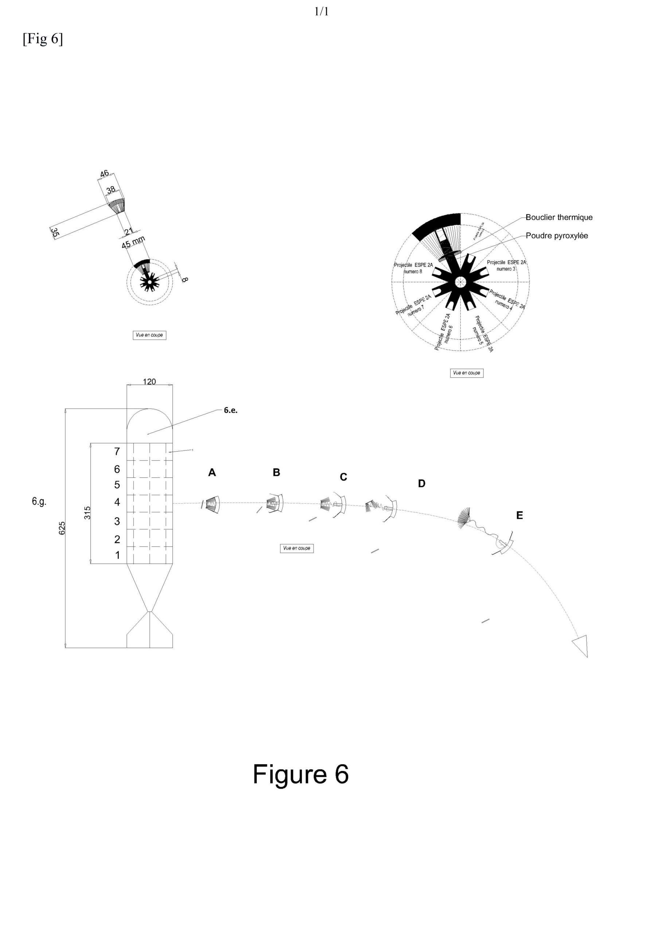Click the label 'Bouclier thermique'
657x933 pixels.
[x=559, y=218]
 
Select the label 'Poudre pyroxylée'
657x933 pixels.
[x=557, y=236]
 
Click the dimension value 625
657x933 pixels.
[x=62, y=528]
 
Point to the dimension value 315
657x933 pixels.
[x=87, y=513]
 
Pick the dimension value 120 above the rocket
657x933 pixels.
[x=149, y=382]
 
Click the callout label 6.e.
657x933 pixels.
[x=230, y=410]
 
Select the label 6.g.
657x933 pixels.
[x=39, y=502]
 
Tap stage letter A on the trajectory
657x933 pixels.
[x=212, y=472]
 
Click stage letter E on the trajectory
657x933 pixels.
[x=519, y=515]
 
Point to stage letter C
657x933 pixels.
[x=343, y=477]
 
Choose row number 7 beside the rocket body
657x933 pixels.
[x=117, y=452]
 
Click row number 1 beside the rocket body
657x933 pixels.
[x=117, y=555]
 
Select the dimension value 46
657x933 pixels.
[x=104, y=173]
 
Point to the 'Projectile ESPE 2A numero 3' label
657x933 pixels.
[x=506, y=266]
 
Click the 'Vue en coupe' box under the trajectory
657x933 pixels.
[x=296, y=548]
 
